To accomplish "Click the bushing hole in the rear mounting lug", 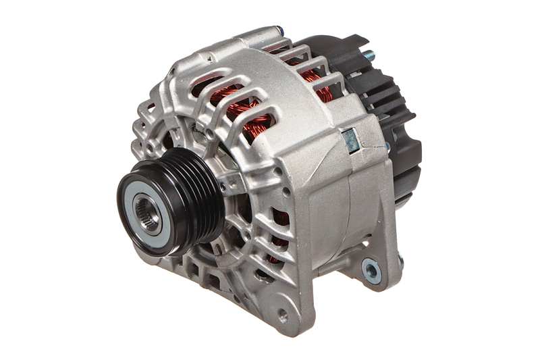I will [371, 270].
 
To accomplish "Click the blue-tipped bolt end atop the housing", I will [279, 31].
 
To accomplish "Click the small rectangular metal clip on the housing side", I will [351, 140].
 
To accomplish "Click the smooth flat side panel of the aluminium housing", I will [324, 203].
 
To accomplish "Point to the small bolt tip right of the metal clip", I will [386, 145].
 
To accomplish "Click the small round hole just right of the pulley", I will [234, 183].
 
